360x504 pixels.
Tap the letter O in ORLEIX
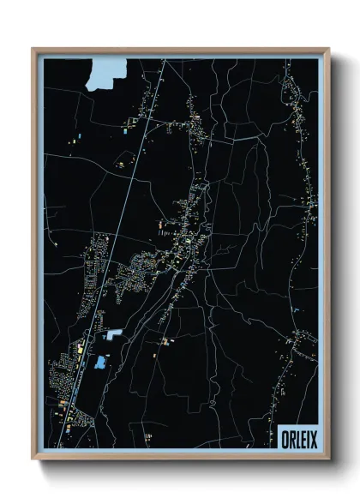click(x=285, y=438)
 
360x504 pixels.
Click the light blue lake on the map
click(x=104, y=73)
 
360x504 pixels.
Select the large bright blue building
click(x=101, y=363)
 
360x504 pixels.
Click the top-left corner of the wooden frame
click(x=33, y=49)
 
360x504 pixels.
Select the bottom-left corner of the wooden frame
click(x=33, y=458)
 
